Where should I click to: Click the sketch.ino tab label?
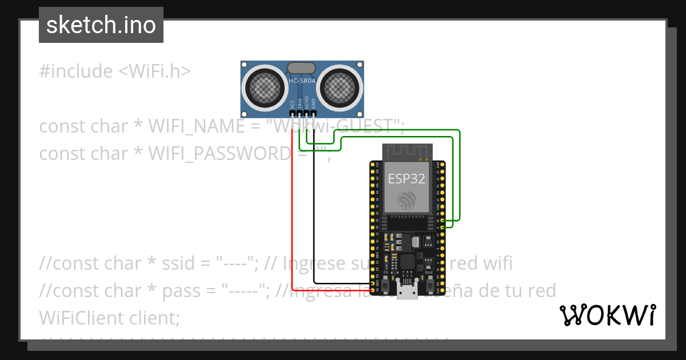point(101,25)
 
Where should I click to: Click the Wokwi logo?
point(607,315)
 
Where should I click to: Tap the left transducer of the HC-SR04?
point(264,87)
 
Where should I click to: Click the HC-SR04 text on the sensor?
point(302,81)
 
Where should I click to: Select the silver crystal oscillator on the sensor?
point(301,68)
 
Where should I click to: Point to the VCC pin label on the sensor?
point(292,104)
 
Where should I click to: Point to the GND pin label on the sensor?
point(313,104)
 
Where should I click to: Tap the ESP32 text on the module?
point(406,178)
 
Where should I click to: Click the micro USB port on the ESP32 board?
point(407,292)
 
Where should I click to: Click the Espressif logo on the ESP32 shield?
point(406,201)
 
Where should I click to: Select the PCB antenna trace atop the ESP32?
point(406,151)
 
